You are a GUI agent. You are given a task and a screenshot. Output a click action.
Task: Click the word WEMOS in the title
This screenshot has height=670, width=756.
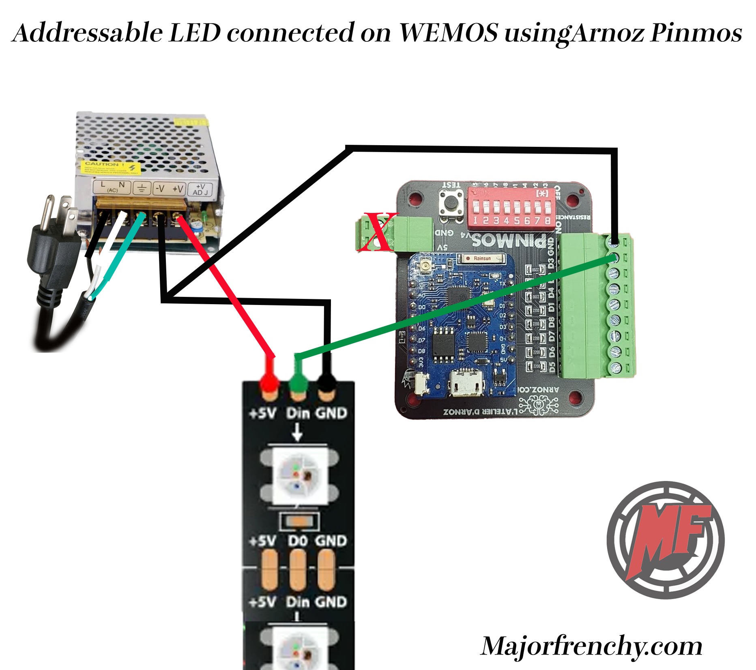(x=448, y=32)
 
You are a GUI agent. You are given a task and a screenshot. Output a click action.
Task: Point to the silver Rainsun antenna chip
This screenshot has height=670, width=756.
(x=481, y=258)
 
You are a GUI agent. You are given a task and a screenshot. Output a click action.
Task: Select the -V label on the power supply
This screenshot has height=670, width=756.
(x=160, y=189)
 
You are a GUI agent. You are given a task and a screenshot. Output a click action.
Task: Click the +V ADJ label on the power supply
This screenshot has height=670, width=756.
(x=201, y=189)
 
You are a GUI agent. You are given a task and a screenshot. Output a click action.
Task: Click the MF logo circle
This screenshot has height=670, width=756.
(x=666, y=540)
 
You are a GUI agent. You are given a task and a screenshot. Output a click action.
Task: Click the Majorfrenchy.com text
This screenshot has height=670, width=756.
(x=591, y=646)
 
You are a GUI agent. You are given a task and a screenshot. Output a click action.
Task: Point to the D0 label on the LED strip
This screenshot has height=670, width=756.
(x=298, y=541)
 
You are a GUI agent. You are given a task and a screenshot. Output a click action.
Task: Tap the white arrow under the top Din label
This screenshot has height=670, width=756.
(x=297, y=432)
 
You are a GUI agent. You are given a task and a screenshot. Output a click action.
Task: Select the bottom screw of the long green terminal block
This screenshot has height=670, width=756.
(x=615, y=367)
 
